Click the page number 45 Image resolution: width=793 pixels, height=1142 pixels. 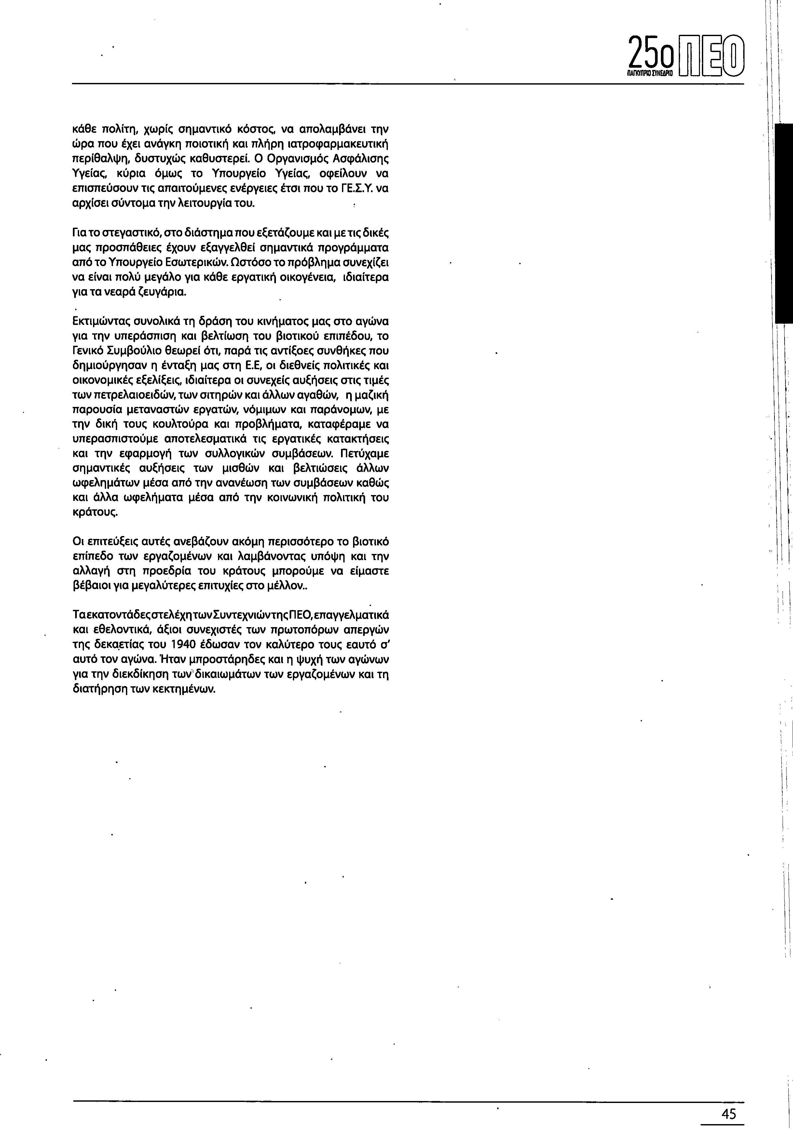pyautogui.click(x=728, y=1114)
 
